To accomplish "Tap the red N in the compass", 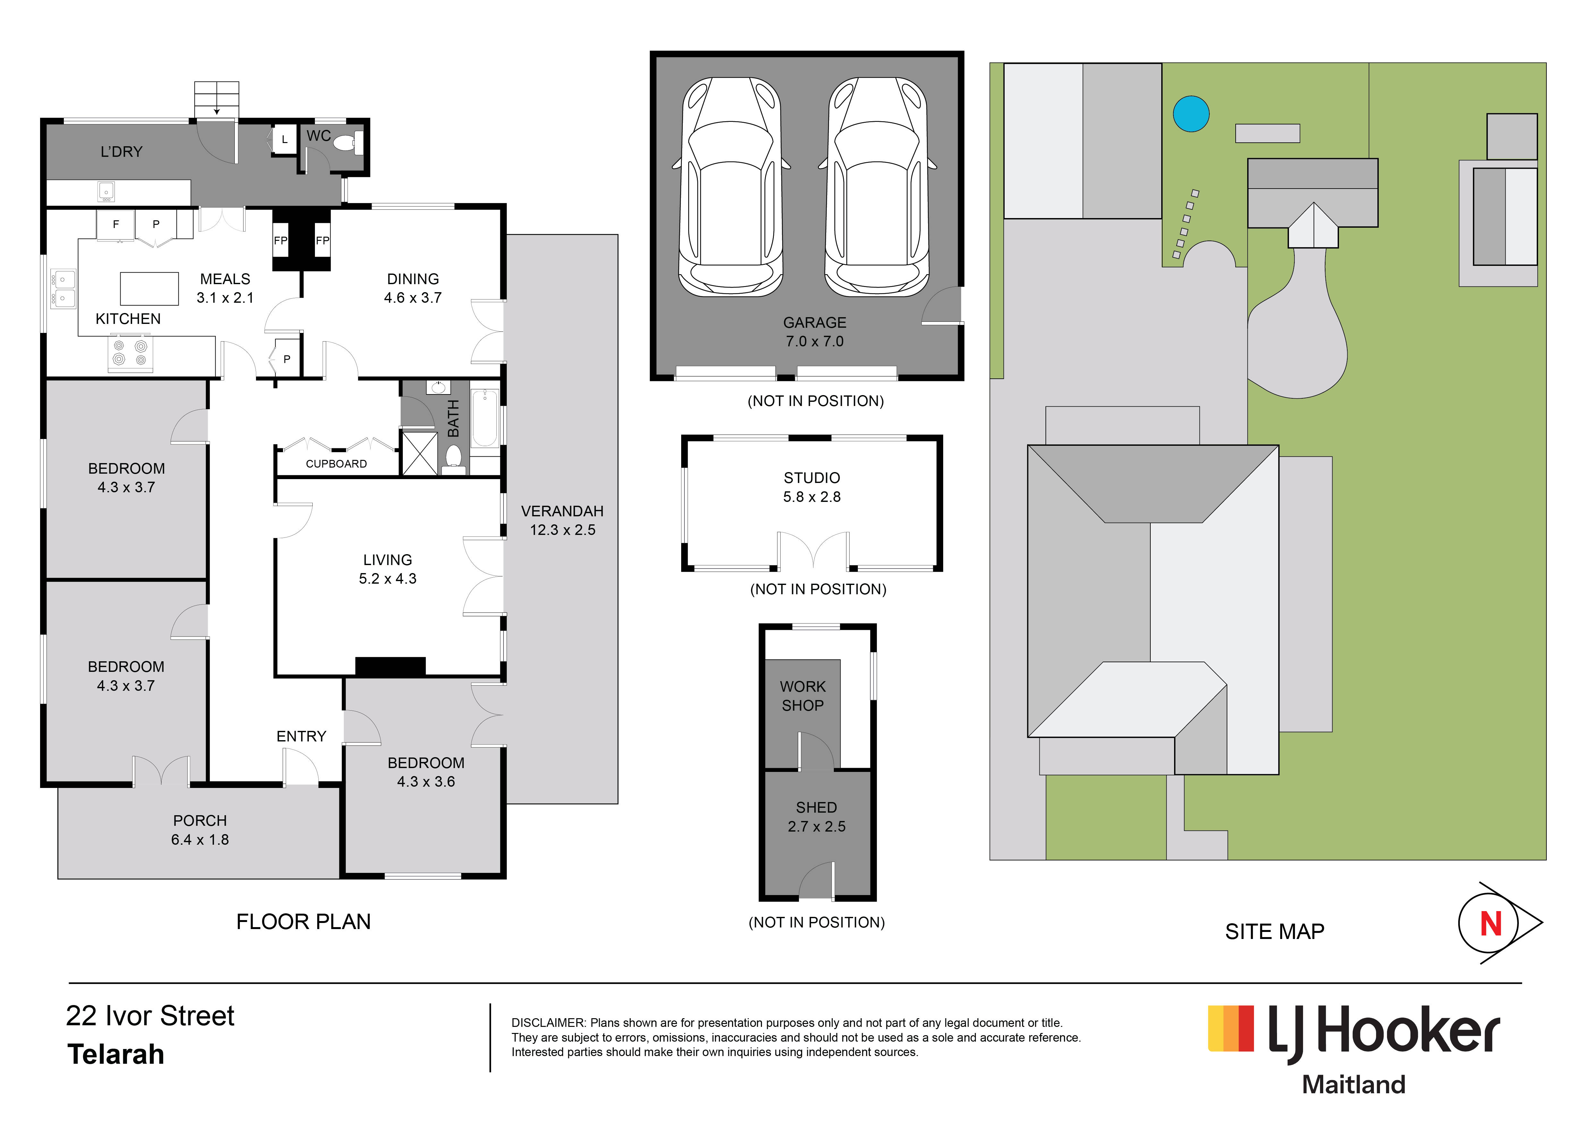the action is click(1491, 924).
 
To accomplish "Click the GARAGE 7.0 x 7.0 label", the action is click(815, 332).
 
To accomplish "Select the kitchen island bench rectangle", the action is click(149, 289).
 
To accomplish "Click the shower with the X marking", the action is click(420, 453).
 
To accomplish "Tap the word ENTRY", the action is click(301, 736).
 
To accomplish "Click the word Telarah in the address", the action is click(116, 1054).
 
